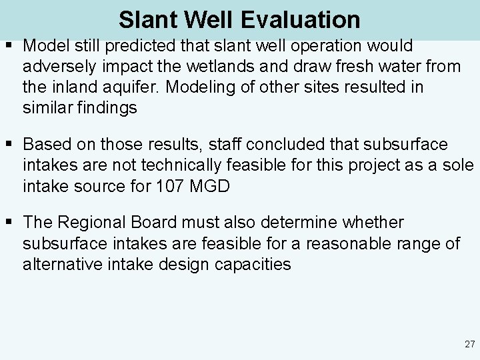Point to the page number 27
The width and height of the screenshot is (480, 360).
click(469, 345)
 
